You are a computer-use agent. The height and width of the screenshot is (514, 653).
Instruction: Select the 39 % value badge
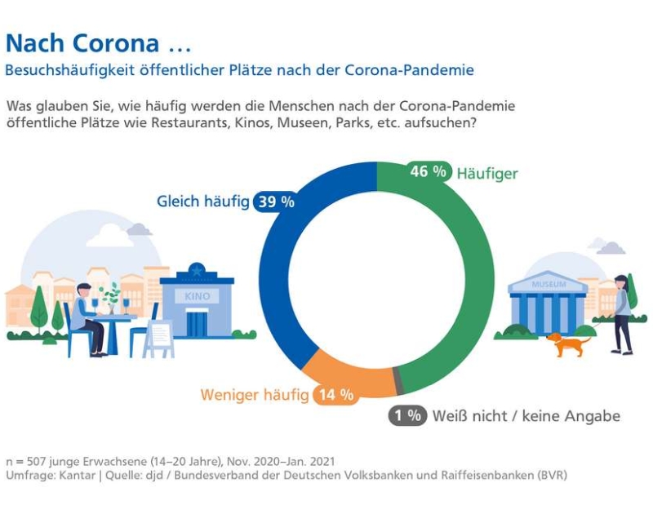click(x=275, y=202)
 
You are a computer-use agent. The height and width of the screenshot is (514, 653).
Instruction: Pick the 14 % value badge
click(x=335, y=395)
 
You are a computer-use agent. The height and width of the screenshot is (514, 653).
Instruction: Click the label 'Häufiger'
click(x=487, y=173)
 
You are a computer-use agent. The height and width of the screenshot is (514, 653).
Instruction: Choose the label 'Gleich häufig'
click(x=202, y=202)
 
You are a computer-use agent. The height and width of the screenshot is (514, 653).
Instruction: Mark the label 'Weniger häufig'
click(x=254, y=396)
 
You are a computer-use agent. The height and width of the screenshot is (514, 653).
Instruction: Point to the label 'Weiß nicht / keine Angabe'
click(x=526, y=416)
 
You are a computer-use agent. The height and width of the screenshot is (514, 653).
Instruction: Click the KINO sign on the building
click(x=198, y=296)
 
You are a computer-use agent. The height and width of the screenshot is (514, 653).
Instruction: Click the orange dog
click(x=569, y=343)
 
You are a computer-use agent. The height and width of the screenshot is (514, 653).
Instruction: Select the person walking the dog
click(x=622, y=314)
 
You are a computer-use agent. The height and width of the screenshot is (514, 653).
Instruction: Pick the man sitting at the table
click(x=86, y=318)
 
